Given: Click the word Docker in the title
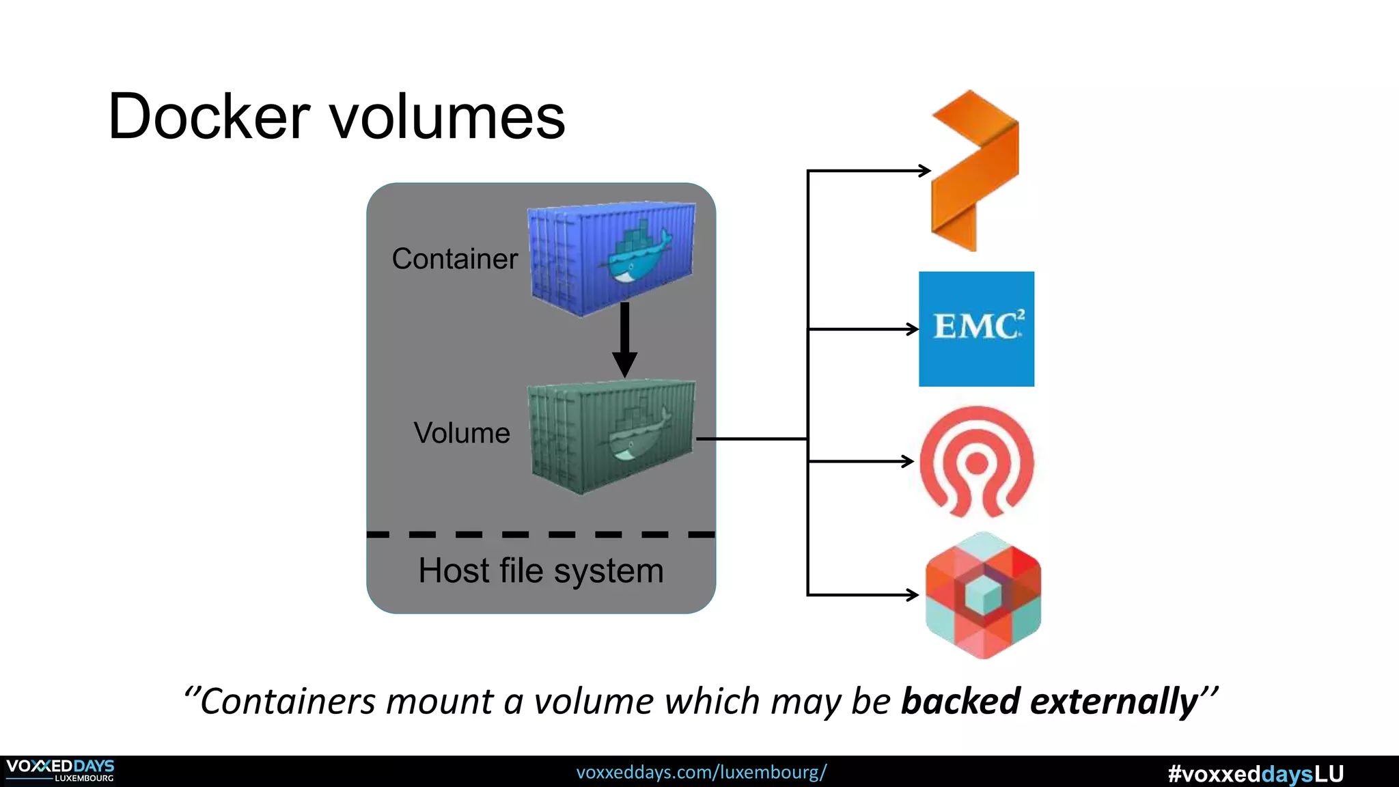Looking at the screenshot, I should (x=208, y=117).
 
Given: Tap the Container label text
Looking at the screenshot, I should (x=454, y=259).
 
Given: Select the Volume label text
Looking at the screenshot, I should (x=462, y=433).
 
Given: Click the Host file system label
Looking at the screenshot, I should (x=540, y=570).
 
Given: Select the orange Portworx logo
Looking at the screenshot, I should (x=975, y=171).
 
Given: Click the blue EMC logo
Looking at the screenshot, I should (x=976, y=329).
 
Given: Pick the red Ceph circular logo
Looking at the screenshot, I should (x=976, y=461).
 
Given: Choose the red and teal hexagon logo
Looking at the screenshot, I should (x=983, y=594).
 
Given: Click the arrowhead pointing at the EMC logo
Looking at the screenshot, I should (x=912, y=329).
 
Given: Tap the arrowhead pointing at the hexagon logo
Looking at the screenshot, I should (x=912, y=595).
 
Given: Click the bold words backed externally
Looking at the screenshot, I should (x=1049, y=702).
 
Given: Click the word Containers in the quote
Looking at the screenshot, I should (x=288, y=702).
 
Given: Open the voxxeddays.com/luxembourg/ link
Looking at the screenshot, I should (x=701, y=773).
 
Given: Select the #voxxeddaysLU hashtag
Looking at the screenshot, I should (x=1256, y=774).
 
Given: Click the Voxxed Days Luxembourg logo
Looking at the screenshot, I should (x=60, y=771).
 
